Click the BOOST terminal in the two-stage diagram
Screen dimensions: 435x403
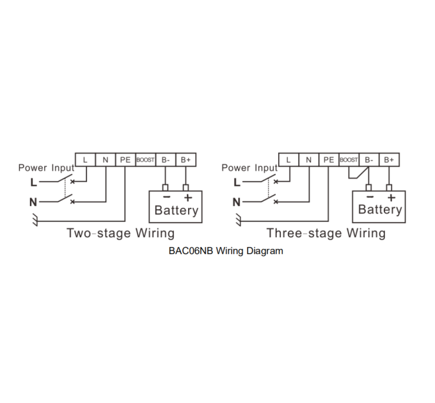(x=146, y=160)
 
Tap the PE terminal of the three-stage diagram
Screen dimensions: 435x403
(x=329, y=160)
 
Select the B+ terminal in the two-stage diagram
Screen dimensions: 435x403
(x=186, y=160)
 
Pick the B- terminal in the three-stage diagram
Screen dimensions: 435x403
(x=369, y=160)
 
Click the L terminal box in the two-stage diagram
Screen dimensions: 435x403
(x=85, y=160)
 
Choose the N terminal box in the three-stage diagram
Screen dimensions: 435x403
(x=308, y=160)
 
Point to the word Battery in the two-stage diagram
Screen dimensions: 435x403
(x=177, y=210)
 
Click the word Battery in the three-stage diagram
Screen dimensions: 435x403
(x=380, y=209)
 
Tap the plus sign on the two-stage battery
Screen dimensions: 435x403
(x=188, y=198)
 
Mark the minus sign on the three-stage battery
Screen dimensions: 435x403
(x=370, y=197)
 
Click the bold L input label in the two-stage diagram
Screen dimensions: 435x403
(x=33, y=182)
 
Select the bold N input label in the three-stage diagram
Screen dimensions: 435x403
(x=236, y=202)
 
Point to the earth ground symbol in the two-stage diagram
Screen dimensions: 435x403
(x=35, y=219)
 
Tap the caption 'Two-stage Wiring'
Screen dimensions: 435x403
(x=121, y=233)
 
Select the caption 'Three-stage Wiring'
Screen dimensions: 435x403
(x=326, y=233)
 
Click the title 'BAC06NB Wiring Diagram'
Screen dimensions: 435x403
(x=226, y=251)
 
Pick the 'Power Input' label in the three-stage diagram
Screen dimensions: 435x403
(x=249, y=168)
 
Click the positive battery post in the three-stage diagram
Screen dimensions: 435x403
(x=389, y=188)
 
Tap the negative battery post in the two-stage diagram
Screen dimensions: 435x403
(x=165, y=188)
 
